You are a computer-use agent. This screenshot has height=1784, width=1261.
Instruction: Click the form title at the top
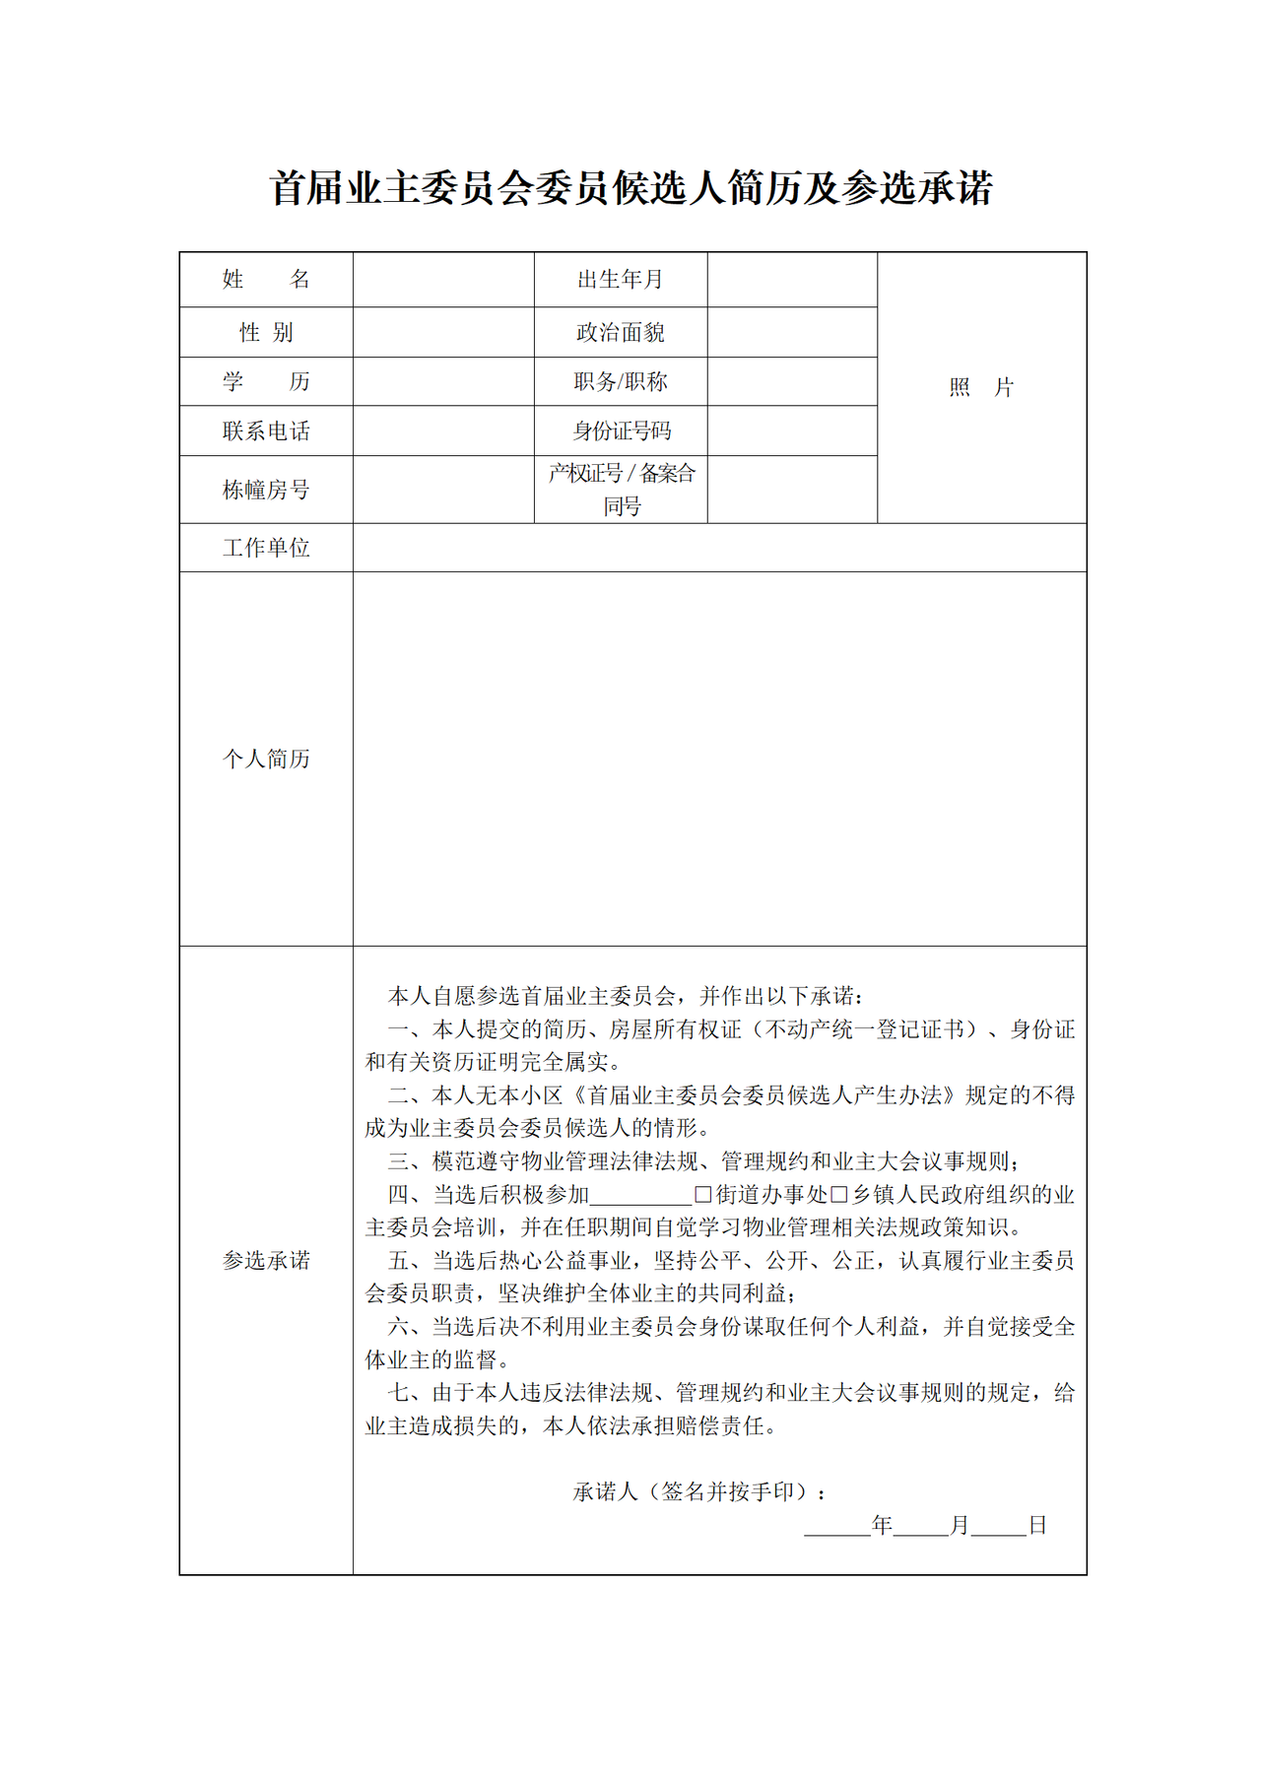630,188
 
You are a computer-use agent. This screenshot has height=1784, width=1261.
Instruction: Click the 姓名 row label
266,280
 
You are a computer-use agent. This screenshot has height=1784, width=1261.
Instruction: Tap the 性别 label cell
266,333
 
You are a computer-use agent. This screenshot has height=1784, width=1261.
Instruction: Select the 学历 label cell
266,382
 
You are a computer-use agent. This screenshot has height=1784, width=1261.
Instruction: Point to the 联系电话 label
266,431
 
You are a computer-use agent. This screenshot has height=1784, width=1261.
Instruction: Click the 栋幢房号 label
266,490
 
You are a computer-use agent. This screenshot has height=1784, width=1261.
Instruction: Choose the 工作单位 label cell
266,548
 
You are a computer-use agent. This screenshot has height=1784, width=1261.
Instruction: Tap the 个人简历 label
266,759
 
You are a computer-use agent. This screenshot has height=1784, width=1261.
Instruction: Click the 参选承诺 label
266,1260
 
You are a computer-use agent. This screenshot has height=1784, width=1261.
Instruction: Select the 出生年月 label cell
621,280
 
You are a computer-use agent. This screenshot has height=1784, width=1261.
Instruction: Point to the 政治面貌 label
621,333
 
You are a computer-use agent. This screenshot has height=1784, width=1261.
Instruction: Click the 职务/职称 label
621,382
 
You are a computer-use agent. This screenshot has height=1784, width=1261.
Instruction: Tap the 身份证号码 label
621,431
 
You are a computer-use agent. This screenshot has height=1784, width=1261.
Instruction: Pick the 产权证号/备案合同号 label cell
621,490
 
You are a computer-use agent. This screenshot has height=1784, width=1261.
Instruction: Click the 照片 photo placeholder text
981,387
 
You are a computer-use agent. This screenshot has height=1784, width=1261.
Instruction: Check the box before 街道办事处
703,1195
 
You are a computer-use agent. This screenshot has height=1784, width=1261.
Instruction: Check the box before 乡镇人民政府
839,1195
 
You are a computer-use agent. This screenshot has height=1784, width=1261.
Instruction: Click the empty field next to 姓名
443,280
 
